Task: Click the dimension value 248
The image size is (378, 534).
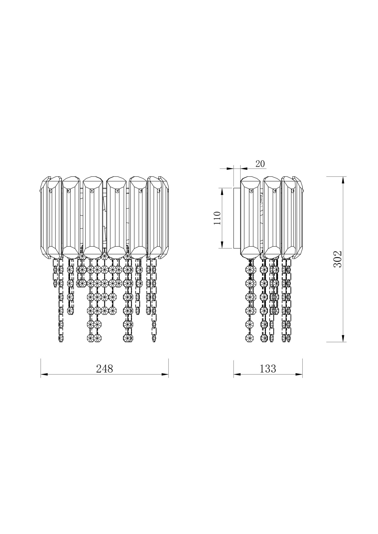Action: click(x=105, y=369)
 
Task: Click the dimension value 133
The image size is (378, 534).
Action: click(x=268, y=369)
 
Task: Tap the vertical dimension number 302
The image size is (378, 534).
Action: click(x=338, y=259)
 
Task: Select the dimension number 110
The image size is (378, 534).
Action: click(x=217, y=218)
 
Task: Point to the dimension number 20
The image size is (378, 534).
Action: click(x=260, y=164)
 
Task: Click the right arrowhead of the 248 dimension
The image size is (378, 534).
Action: click(x=165, y=375)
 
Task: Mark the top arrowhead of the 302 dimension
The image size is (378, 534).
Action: click(x=343, y=180)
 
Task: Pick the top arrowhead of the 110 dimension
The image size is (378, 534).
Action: click(x=222, y=191)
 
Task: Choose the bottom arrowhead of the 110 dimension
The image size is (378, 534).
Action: click(x=222, y=245)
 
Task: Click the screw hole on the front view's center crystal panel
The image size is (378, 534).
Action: click(x=92, y=191)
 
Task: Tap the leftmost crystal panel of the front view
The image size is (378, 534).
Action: click(x=43, y=218)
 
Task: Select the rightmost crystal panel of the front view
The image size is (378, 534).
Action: click(x=166, y=218)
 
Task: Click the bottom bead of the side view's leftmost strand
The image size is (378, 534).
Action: click(x=249, y=338)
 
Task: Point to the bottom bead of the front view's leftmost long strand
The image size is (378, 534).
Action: click(x=61, y=339)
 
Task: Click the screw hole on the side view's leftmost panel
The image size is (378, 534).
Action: click(x=251, y=191)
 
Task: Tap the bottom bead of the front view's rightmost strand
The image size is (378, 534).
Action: click(x=154, y=339)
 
